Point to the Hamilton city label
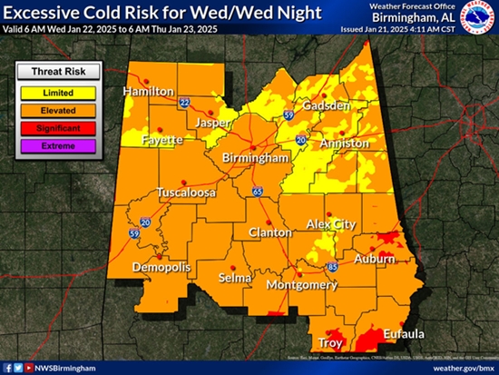pyautogui.click(x=149, y=92)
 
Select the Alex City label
pyautogui.click(x=328, y=223)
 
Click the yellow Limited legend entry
pyautogui.click(x=59, y=93)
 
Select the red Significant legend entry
pyautogui.click(x=59, y=128)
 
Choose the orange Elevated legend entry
pyautogui.click(x=59, y=110)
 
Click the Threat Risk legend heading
pyautogui.click(x=59, y=74)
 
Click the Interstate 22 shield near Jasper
pyautogui.click(x=184, y=103)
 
